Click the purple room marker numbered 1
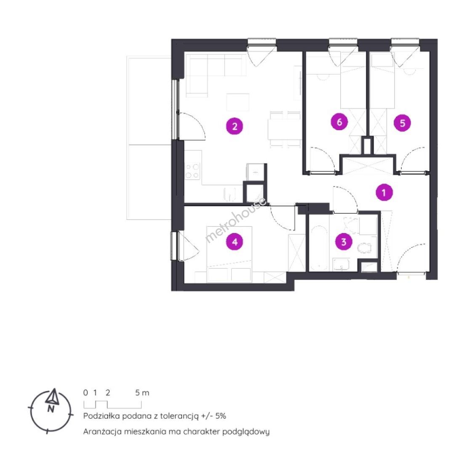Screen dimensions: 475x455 coord(384,193)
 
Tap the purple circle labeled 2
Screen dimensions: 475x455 coord(235,126)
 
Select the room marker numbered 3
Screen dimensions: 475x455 coord(344,241)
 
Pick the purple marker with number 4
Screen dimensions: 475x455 coord(235,241)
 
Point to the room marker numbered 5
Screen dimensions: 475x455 coord(402,123)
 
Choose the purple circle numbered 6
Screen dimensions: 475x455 coord(339,122)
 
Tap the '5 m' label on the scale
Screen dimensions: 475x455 coord(142,393)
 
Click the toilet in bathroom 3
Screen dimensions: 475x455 coord(365,248)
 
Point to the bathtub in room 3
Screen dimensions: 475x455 coord(319,248)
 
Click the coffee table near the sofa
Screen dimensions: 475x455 coord(238,102)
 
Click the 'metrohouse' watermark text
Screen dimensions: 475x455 coord(236,220)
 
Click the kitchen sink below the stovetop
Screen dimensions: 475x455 coord(230,194)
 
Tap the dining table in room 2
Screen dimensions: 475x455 coord(284,129)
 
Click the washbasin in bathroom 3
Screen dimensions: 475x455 coord(342,264)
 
